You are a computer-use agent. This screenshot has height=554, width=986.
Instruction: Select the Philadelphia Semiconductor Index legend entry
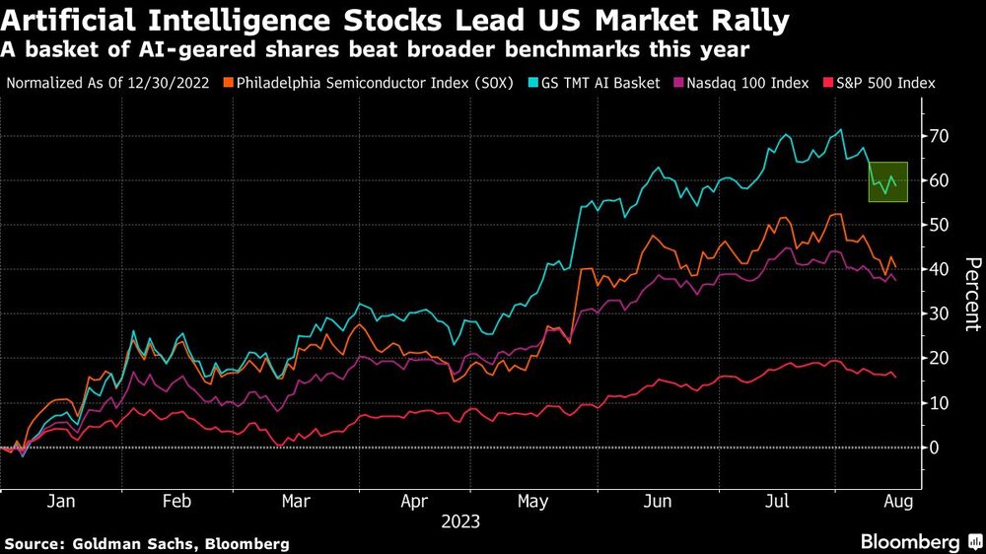coord(364,84)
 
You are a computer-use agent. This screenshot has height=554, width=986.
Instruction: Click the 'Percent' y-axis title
coord(971,293)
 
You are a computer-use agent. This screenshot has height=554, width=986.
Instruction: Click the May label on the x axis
coord(532,501)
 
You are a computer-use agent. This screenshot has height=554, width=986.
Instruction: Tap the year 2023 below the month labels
coord(460,520)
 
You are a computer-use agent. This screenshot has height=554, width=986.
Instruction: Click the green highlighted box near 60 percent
coord(887,181)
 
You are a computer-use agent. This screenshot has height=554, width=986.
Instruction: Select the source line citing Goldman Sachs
coord(147,543)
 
